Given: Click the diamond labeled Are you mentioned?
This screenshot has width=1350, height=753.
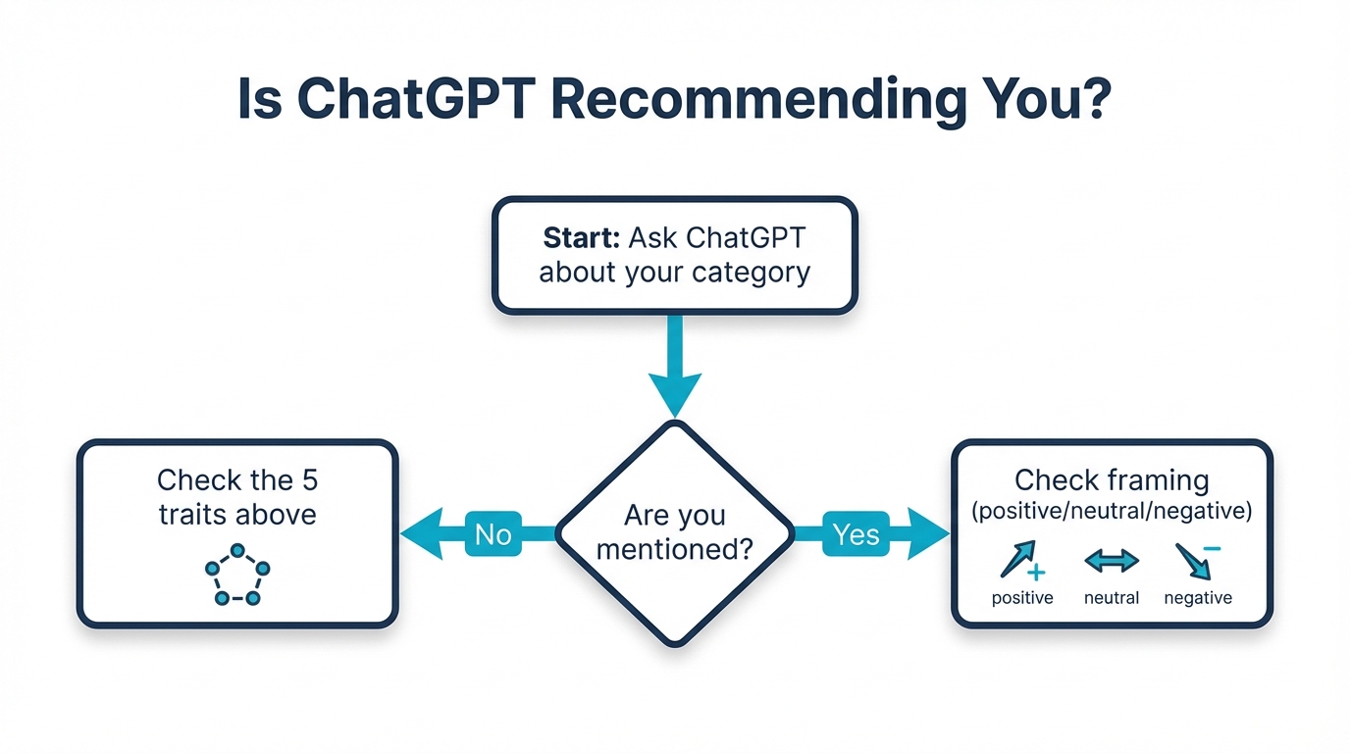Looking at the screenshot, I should (675, 532).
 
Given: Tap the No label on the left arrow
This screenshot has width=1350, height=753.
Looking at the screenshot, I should (493, 533).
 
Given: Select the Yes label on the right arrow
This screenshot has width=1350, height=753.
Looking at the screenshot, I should (855, 533).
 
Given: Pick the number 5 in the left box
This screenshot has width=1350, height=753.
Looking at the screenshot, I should (308, 480).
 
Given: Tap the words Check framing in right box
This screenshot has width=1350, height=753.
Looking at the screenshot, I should (1112, 480).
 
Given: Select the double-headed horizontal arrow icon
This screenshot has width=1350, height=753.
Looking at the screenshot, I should (1112, 561).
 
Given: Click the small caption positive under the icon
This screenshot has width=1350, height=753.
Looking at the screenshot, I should (1022, 598).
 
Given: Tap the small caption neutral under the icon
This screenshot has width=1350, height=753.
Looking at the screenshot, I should (1112, 598).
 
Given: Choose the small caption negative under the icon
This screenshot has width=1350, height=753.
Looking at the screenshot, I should (1198, 598).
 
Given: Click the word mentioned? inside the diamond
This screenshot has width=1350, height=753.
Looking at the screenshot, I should (675, 550).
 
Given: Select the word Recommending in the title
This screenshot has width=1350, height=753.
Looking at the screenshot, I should (746, 99).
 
